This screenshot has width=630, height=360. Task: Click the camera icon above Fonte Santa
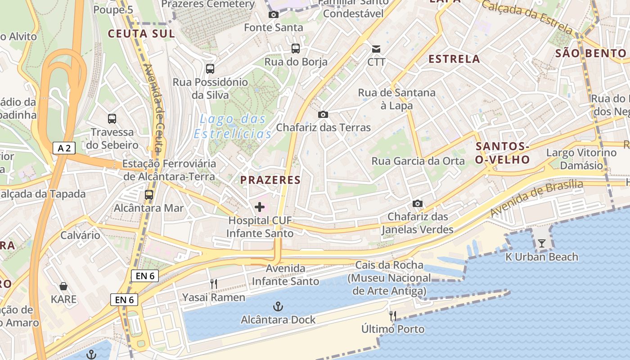pyautogui.click(x=273, y=14)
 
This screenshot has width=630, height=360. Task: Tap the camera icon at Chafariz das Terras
pyautogui.click(x=323, y=114)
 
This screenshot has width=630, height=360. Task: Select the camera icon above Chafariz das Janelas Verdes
pyautogui.click(x=418, y=203)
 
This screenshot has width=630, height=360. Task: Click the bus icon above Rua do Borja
pyautogui.click(x=296, y=49)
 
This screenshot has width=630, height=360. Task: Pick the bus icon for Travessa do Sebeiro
pyautogui.click(x=112, y=119)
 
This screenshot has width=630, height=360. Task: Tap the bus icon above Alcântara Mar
pyautogui.click(x=148, y=195)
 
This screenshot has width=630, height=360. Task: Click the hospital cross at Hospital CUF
pyautogui.click(x=260, y=207)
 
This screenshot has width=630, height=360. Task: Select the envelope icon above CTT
pyautogui.click(x=376, y=49)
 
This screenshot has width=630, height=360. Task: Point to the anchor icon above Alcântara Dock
pyautogui.click(x=278, y=307)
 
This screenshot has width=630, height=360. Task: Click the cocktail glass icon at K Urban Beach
pyautogui.click(x=541, y=243)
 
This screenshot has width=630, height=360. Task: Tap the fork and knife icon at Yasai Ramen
pyautogui.click(x=214, y=284)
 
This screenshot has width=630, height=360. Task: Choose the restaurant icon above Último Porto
pyautogui.click(x=393, y=316)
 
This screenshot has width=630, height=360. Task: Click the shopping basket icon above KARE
pyautogui.click(x=63, y=286)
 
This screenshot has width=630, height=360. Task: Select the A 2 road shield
pyautogui.click(x=63, y=148)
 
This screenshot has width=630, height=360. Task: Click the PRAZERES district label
pyautogui.click(x=270, y=180)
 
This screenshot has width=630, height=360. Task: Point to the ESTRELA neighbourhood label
pyautogui.click(x=454, y=59)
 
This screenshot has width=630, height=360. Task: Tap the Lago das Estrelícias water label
pyautogui.click(x=233, y=126)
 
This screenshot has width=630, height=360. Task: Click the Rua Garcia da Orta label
pyautogui.click(x=418, y=161)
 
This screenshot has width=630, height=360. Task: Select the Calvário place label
pyautogui.click(x=81, y=235)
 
